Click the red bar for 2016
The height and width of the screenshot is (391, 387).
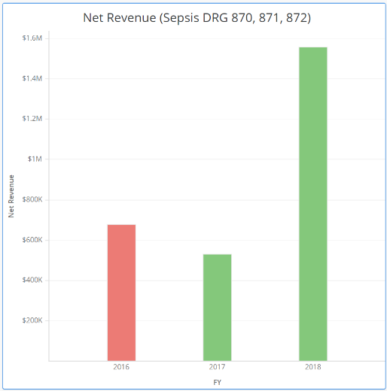click(121, 292)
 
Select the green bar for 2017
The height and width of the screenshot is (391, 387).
click(217, 308)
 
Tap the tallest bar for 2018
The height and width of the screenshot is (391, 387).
click(312, 204)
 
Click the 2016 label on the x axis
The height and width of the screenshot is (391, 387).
click(121, 368)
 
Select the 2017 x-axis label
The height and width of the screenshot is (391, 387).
click(217, 368)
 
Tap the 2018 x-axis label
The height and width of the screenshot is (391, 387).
click(312, 368)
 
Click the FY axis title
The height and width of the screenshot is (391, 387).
click(217, 383)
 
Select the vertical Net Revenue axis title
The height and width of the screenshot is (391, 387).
click(11, 196)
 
